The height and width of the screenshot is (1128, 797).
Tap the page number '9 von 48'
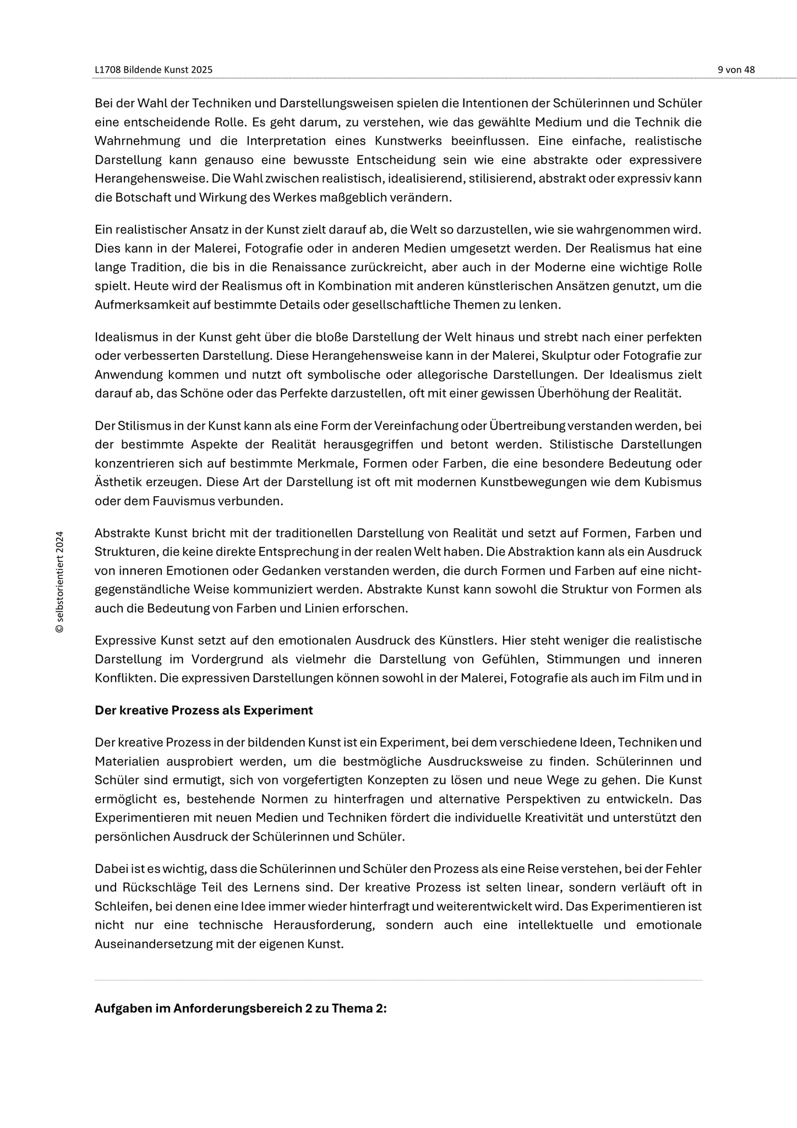(736, 70)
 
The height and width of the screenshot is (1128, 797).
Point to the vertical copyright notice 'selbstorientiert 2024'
(60, 582)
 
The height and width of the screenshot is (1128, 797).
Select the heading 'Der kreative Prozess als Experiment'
(204, 711)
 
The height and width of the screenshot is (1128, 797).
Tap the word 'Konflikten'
(124, 678)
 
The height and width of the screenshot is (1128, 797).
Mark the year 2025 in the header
(201, 70)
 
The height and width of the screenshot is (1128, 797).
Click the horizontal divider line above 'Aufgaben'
(398, 980)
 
